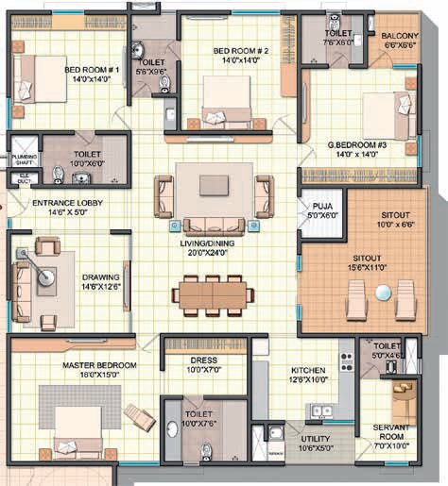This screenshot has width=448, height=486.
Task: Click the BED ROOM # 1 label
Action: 92,69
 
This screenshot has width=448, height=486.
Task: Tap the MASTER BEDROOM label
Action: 100,364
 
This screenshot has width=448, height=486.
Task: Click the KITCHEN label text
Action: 310,370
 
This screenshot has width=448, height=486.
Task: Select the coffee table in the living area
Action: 213,184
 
